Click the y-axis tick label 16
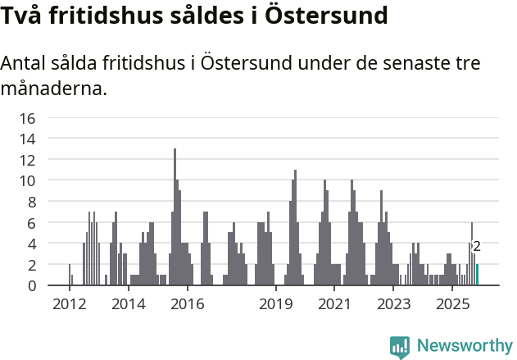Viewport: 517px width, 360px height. [x=27, y=118]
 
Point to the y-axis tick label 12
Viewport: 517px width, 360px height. [x=27, y=160]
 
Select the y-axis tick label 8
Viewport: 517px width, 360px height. [x=31, y=202]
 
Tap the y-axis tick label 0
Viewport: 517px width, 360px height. [x=31, y=285]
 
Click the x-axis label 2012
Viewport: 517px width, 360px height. [x=69, y=304]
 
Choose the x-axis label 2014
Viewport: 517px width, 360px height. [x=128, y=304]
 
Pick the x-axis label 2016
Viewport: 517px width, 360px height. [x=188, y=304]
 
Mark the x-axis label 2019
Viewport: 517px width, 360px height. [x=276, y=304]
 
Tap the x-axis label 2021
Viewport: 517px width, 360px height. [x=334, y=304]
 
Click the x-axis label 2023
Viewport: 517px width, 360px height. [x=393, y=304]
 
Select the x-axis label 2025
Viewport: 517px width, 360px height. [x=452, y=304]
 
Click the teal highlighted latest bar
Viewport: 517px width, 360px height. [x=477, y=275]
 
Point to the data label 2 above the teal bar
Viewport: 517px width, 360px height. [x=477, y=246]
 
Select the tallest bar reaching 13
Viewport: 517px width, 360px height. [x=175, y=217]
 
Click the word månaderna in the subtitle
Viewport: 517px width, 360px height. [x=54, y=88]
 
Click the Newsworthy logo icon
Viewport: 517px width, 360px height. [x=400, y=346]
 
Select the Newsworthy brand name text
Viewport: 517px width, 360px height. [x=465, y=346]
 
